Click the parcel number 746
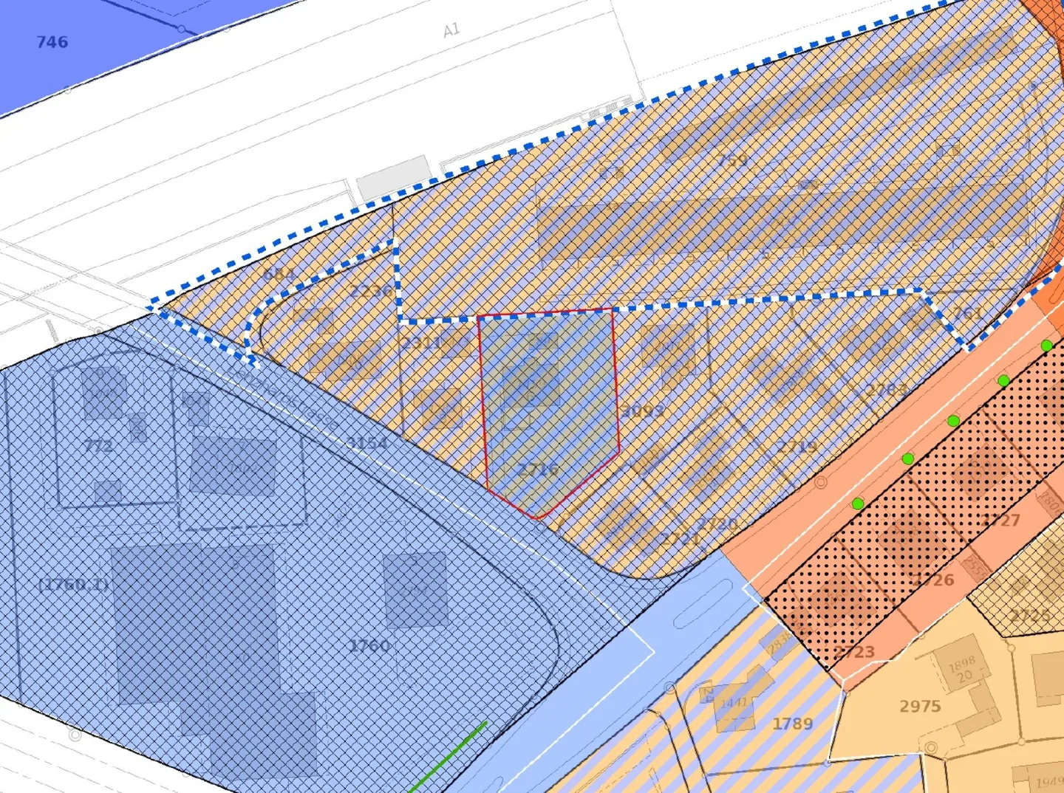click(52, 42)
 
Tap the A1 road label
click(451, 30)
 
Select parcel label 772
click(98, 445)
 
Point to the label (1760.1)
click(73, 585)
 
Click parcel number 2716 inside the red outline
click(537, 470)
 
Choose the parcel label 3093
click(643, 411)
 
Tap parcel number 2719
click(797, 447)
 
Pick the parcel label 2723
click(854, 652)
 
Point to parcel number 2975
click(920, 707)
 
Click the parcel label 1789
click(792, 724)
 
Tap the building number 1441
click(734, 702)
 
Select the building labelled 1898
click(961, 663)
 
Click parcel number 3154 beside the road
click(367, 443)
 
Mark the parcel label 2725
click(1031, 615)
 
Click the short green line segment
click(448, 756)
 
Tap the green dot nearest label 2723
click(857, 504)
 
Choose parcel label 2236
click(371, 290)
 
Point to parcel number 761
click(967, 313)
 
